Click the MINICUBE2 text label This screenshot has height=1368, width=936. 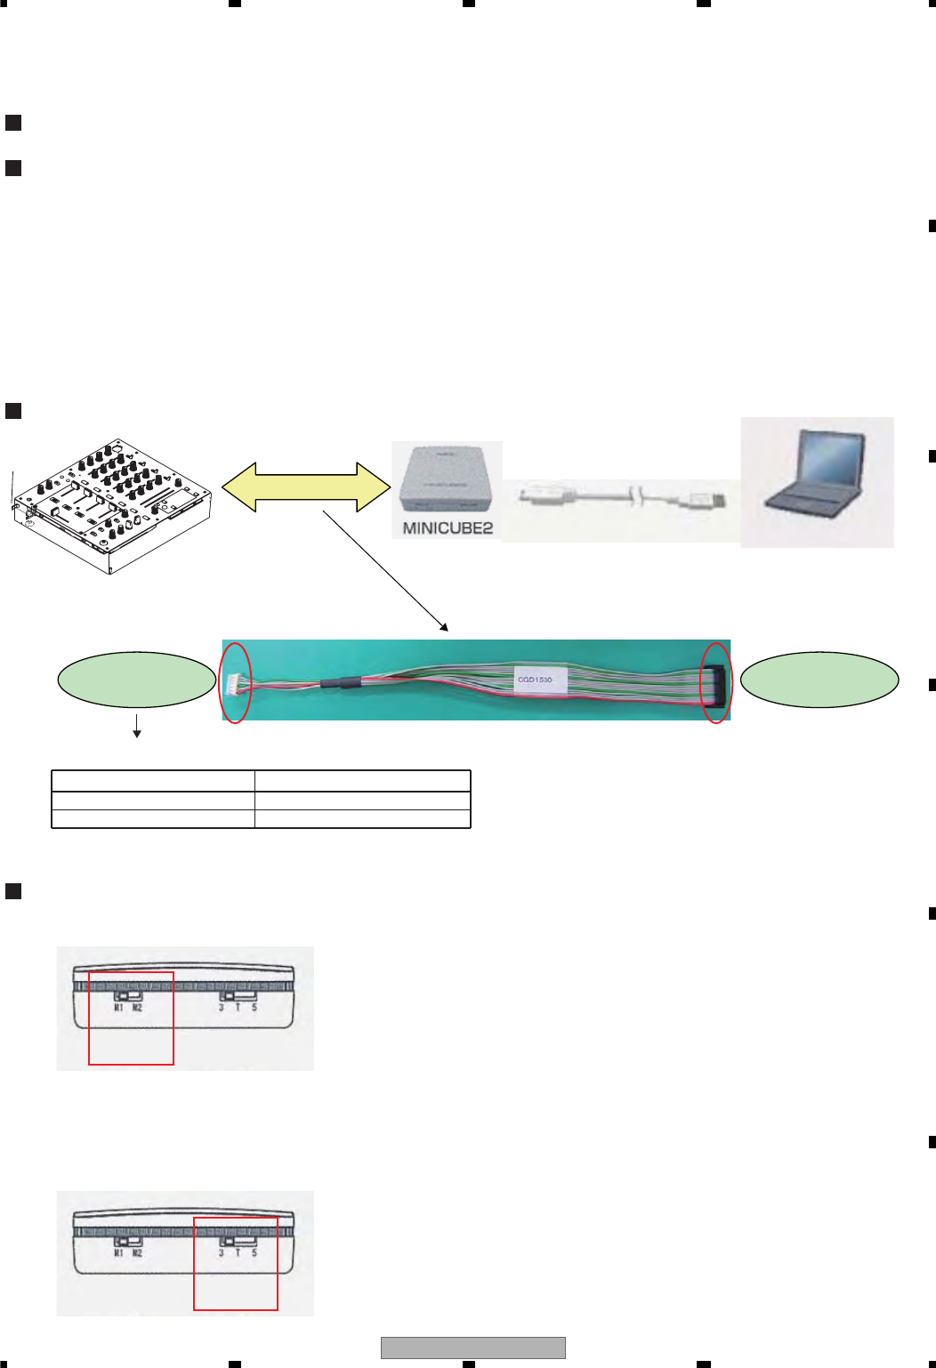pos(448,527)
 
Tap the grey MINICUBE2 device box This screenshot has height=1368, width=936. pos(447,480)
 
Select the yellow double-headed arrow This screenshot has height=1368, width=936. pos(306,487)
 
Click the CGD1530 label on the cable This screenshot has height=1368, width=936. pos(535,680)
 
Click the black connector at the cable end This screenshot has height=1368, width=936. pos(715,684)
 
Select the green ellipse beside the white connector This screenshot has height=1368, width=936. pos(137,680)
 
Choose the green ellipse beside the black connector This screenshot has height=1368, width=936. pos(819,680)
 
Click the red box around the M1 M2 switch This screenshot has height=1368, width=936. pos(131,1018)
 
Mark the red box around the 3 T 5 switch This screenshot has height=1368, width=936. pos(236,1263)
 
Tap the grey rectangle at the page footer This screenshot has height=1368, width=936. pos(472,1348)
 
